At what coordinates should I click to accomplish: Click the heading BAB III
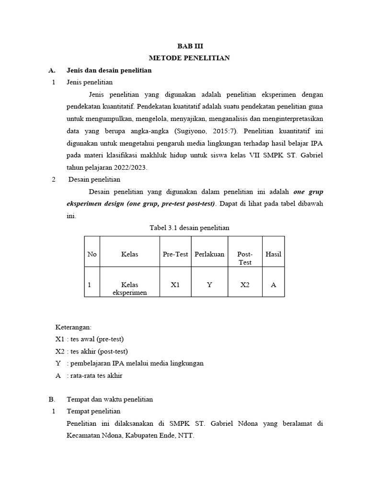click(x=189, y=46)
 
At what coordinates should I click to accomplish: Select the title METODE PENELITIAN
click(x=189, y=58)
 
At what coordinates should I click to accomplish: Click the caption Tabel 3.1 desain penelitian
click(x=189, y=228)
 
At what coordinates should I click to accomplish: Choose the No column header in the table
click(x=92, y=254)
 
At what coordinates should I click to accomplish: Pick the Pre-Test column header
click(x=175, y=254)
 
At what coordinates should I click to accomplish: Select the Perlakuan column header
click(x=209, y=254)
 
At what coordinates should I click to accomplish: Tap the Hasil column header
click(x=273, y=254)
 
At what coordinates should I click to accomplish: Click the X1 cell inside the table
click(x=175, y=285)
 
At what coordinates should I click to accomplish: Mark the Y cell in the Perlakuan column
click(x=209, y=285)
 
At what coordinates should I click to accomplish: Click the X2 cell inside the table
click(x=245, y=285)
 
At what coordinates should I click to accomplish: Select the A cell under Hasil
click(x=273, y=285)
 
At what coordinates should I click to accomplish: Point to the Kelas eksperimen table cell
click(x=130, y=288)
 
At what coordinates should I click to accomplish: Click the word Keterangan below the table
click(x=73, y=327)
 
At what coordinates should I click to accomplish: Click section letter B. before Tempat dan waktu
click(x=52, y=399)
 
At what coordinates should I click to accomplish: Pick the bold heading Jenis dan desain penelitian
click(x=109, y=70)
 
